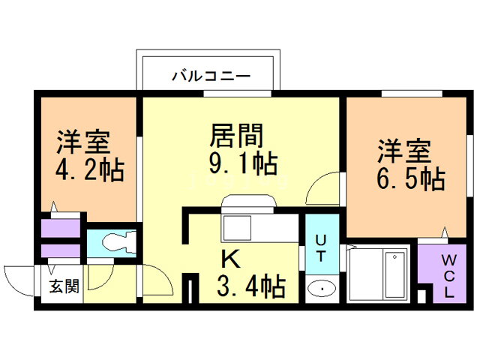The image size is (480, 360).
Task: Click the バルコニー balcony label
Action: [211, 76]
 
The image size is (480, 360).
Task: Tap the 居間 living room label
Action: [236, 135]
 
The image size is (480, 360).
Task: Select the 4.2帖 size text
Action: [90, 170]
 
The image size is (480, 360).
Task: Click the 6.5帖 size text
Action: [410, 178]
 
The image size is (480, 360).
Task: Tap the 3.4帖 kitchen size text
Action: [251, 286]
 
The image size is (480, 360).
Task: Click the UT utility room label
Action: [321, 248]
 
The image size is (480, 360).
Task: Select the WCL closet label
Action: [448, 277]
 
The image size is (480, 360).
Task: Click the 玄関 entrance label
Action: [64, 286]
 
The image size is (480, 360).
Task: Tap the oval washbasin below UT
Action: [322, 289]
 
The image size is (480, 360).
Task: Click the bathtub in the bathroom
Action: [395, 274]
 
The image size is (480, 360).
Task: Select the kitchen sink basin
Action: [237, 228]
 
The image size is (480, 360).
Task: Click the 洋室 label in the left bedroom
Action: [83, 142]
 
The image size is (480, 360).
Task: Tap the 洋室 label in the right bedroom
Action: [404, 151]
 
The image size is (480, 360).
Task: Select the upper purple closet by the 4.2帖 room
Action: [61, 228]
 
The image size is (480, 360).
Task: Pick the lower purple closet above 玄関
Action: [61, 251]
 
